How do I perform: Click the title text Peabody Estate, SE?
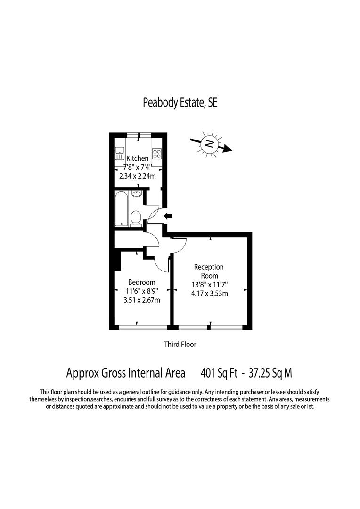tap(180, 103)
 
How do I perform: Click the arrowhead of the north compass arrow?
tap(228, 149)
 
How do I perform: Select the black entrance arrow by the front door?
tap(168, 216)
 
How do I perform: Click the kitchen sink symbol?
tap(119, 153)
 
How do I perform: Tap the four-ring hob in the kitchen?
tap(157, 154)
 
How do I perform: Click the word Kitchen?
tap(137, 158)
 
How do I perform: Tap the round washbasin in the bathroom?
tap(137, 194)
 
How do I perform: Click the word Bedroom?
tap(141, 282)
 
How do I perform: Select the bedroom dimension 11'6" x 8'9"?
tap(141, 291)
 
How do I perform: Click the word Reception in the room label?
tap(209, 267)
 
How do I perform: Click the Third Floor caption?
tap(180, 345)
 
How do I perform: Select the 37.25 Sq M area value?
tap(267, 373)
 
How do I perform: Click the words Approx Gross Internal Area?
tap(125, 373)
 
